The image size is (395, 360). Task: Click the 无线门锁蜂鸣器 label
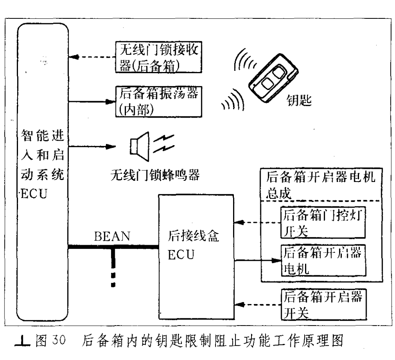pyautogui.click(x=155, y=175)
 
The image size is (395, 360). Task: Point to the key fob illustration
pyautogui.click(x=273, y=78)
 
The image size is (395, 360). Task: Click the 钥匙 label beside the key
pyautogui.click(x=299, y=100)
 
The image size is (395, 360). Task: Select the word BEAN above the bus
pyautogui.click(x=112, y=236)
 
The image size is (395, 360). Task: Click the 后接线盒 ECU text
pyautogui.click(x=193, y=245)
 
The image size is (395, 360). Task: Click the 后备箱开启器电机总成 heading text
pyautogui.click(x=320, y=184)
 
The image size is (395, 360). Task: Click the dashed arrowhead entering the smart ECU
pyautogui.click(x=73, y=57)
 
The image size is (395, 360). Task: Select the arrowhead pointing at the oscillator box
pyautogui.click(x=110, y=102)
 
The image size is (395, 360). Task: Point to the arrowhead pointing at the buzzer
pyautogui.click(x=110, y=146)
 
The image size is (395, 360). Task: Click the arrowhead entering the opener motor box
pyautogui.click(x=276, y=260)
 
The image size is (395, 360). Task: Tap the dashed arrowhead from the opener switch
pyautogui.click(x=239, y=304)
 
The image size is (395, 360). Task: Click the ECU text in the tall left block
pyautogui.click(x=34, y=194)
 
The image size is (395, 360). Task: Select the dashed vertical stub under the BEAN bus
pyautogui.click(x=113, y=268)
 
